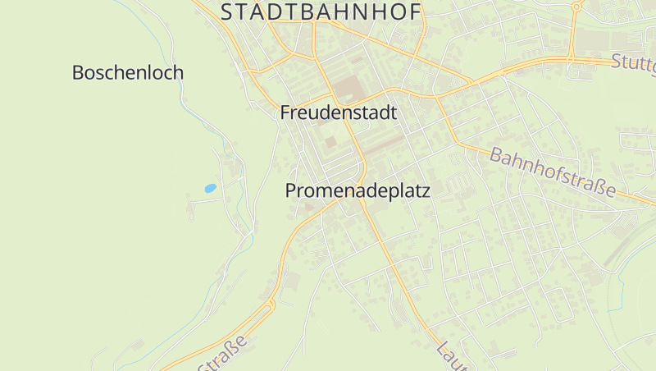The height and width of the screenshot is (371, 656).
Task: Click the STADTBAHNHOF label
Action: click(x=321, y=12)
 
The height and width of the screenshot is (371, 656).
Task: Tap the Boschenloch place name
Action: click(x=128, y=72)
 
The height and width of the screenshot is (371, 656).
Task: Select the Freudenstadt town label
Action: click(x=338, y=112)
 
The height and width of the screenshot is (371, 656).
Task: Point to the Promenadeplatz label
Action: click(x=358, y=190)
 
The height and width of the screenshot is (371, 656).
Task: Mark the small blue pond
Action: click(x=211, y=188)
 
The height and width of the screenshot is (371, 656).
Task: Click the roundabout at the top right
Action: click(x=576, y=7)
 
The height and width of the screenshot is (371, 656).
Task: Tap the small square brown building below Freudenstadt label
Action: click(x=330, y=142)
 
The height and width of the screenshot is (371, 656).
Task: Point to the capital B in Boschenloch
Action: click(x=79, y=72)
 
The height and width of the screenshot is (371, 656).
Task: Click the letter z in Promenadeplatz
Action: click(x=424, y=190)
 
